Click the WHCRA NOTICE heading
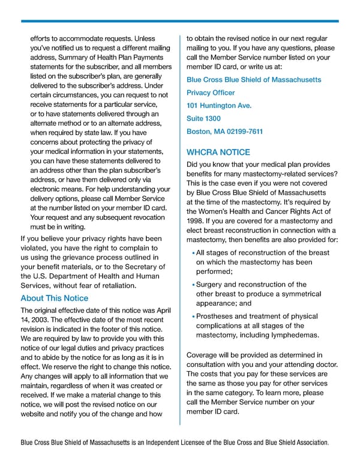point(218,153)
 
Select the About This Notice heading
point(54,298)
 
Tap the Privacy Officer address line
point(211,93)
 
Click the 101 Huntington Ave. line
point(219,106)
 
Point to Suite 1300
point(203,119)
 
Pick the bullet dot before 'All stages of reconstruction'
point(193,254)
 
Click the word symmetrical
point(295,294)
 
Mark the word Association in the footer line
point(308,443)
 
